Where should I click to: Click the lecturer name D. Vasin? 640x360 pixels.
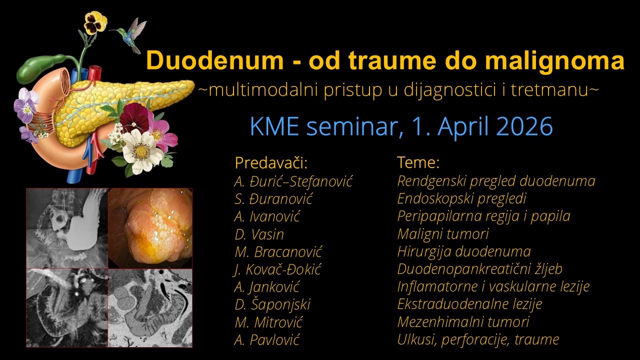coord(259,234)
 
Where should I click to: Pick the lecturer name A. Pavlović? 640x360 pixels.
coord(266,340)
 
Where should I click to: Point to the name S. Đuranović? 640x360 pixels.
coord(273,198)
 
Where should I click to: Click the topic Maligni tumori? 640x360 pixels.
coord(442,233)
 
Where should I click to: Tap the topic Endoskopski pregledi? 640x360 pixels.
coord(461,198)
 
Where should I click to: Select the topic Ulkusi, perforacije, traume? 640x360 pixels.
coord(477,339)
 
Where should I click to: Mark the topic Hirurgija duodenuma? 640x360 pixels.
coord(463,251)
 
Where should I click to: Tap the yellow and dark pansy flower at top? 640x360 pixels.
coord(95,22)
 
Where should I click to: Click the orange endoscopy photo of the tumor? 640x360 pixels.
coord(150,227)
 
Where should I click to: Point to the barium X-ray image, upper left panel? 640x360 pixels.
coord(67,227)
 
